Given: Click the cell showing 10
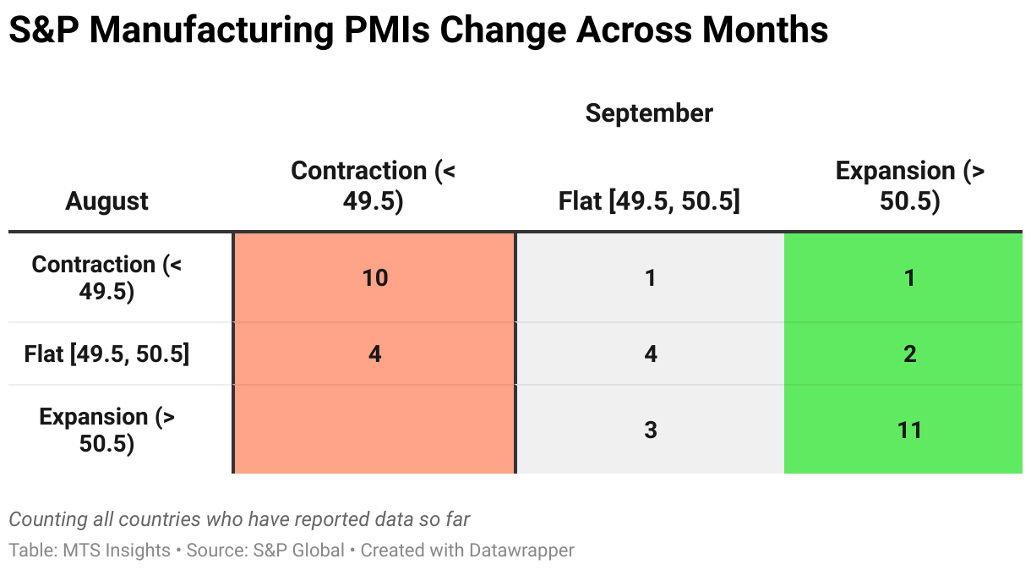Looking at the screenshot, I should click(374, 277).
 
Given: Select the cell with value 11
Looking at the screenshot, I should click(909, 430).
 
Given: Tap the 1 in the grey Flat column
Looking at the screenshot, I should click(650, 277).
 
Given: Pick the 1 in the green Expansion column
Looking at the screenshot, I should click(909, 277).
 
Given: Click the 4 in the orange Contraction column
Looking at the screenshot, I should click(374, 354).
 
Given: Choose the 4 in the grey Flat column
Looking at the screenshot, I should click(650, 354).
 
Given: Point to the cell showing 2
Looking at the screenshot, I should click(909, 354).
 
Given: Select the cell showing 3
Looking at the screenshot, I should click(650, 430).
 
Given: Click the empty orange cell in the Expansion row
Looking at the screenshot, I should click(374, 430).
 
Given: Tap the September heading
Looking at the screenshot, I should click(649, 112).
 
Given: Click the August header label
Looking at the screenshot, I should click(107, 201).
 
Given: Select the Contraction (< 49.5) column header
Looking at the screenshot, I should click(373, 186).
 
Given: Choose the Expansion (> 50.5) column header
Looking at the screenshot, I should click(910, 186).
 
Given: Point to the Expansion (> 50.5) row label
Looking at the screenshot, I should click(107, 430).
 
